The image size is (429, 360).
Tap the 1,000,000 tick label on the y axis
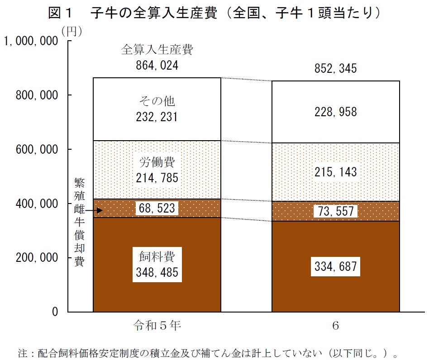pyautogui.click(x=31, y=41)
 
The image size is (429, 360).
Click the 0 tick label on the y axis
pyautogui.click(x=55, y=312)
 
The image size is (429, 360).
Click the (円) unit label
pyautogui.click(x=71, y=31)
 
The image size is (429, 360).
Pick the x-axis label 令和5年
pyautogui.click(x=157, y=326)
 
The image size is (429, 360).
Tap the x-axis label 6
pyautogui.click(x=335, y=326)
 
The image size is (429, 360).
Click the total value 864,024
pyautogui.click(x=157, y=66)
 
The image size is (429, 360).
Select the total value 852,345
pyautogui.click(x=335, y=69)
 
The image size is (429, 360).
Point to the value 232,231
pyautogui.click(x=157, y=118)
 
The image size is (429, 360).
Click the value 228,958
pyautogui.click(x=335, y=112)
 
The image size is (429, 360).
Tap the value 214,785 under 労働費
pyautogui.click(x=157, y=178)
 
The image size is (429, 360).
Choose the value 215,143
pyautogui.click(x=335, y=172)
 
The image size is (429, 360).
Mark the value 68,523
pyautogui.click(x=157, y=208)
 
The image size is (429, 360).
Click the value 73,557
pyautogui.click(x=335, y=211)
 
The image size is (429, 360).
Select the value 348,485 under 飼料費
pyautogui.click(x=157, y=272)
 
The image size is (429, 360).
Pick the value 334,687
pyautogui.click(x=335, y=267)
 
